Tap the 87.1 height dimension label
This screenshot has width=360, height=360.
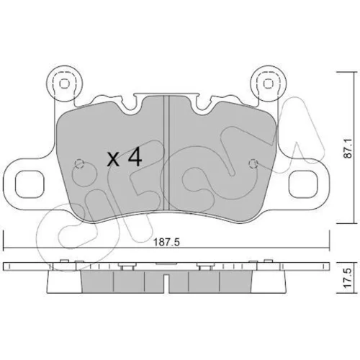348,148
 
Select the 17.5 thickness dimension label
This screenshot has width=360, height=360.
348,278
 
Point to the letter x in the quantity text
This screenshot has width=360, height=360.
113,160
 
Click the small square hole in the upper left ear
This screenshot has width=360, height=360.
64,84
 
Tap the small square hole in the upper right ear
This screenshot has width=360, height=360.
269,84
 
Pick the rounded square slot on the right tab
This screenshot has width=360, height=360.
303,184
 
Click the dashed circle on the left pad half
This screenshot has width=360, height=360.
79,164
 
